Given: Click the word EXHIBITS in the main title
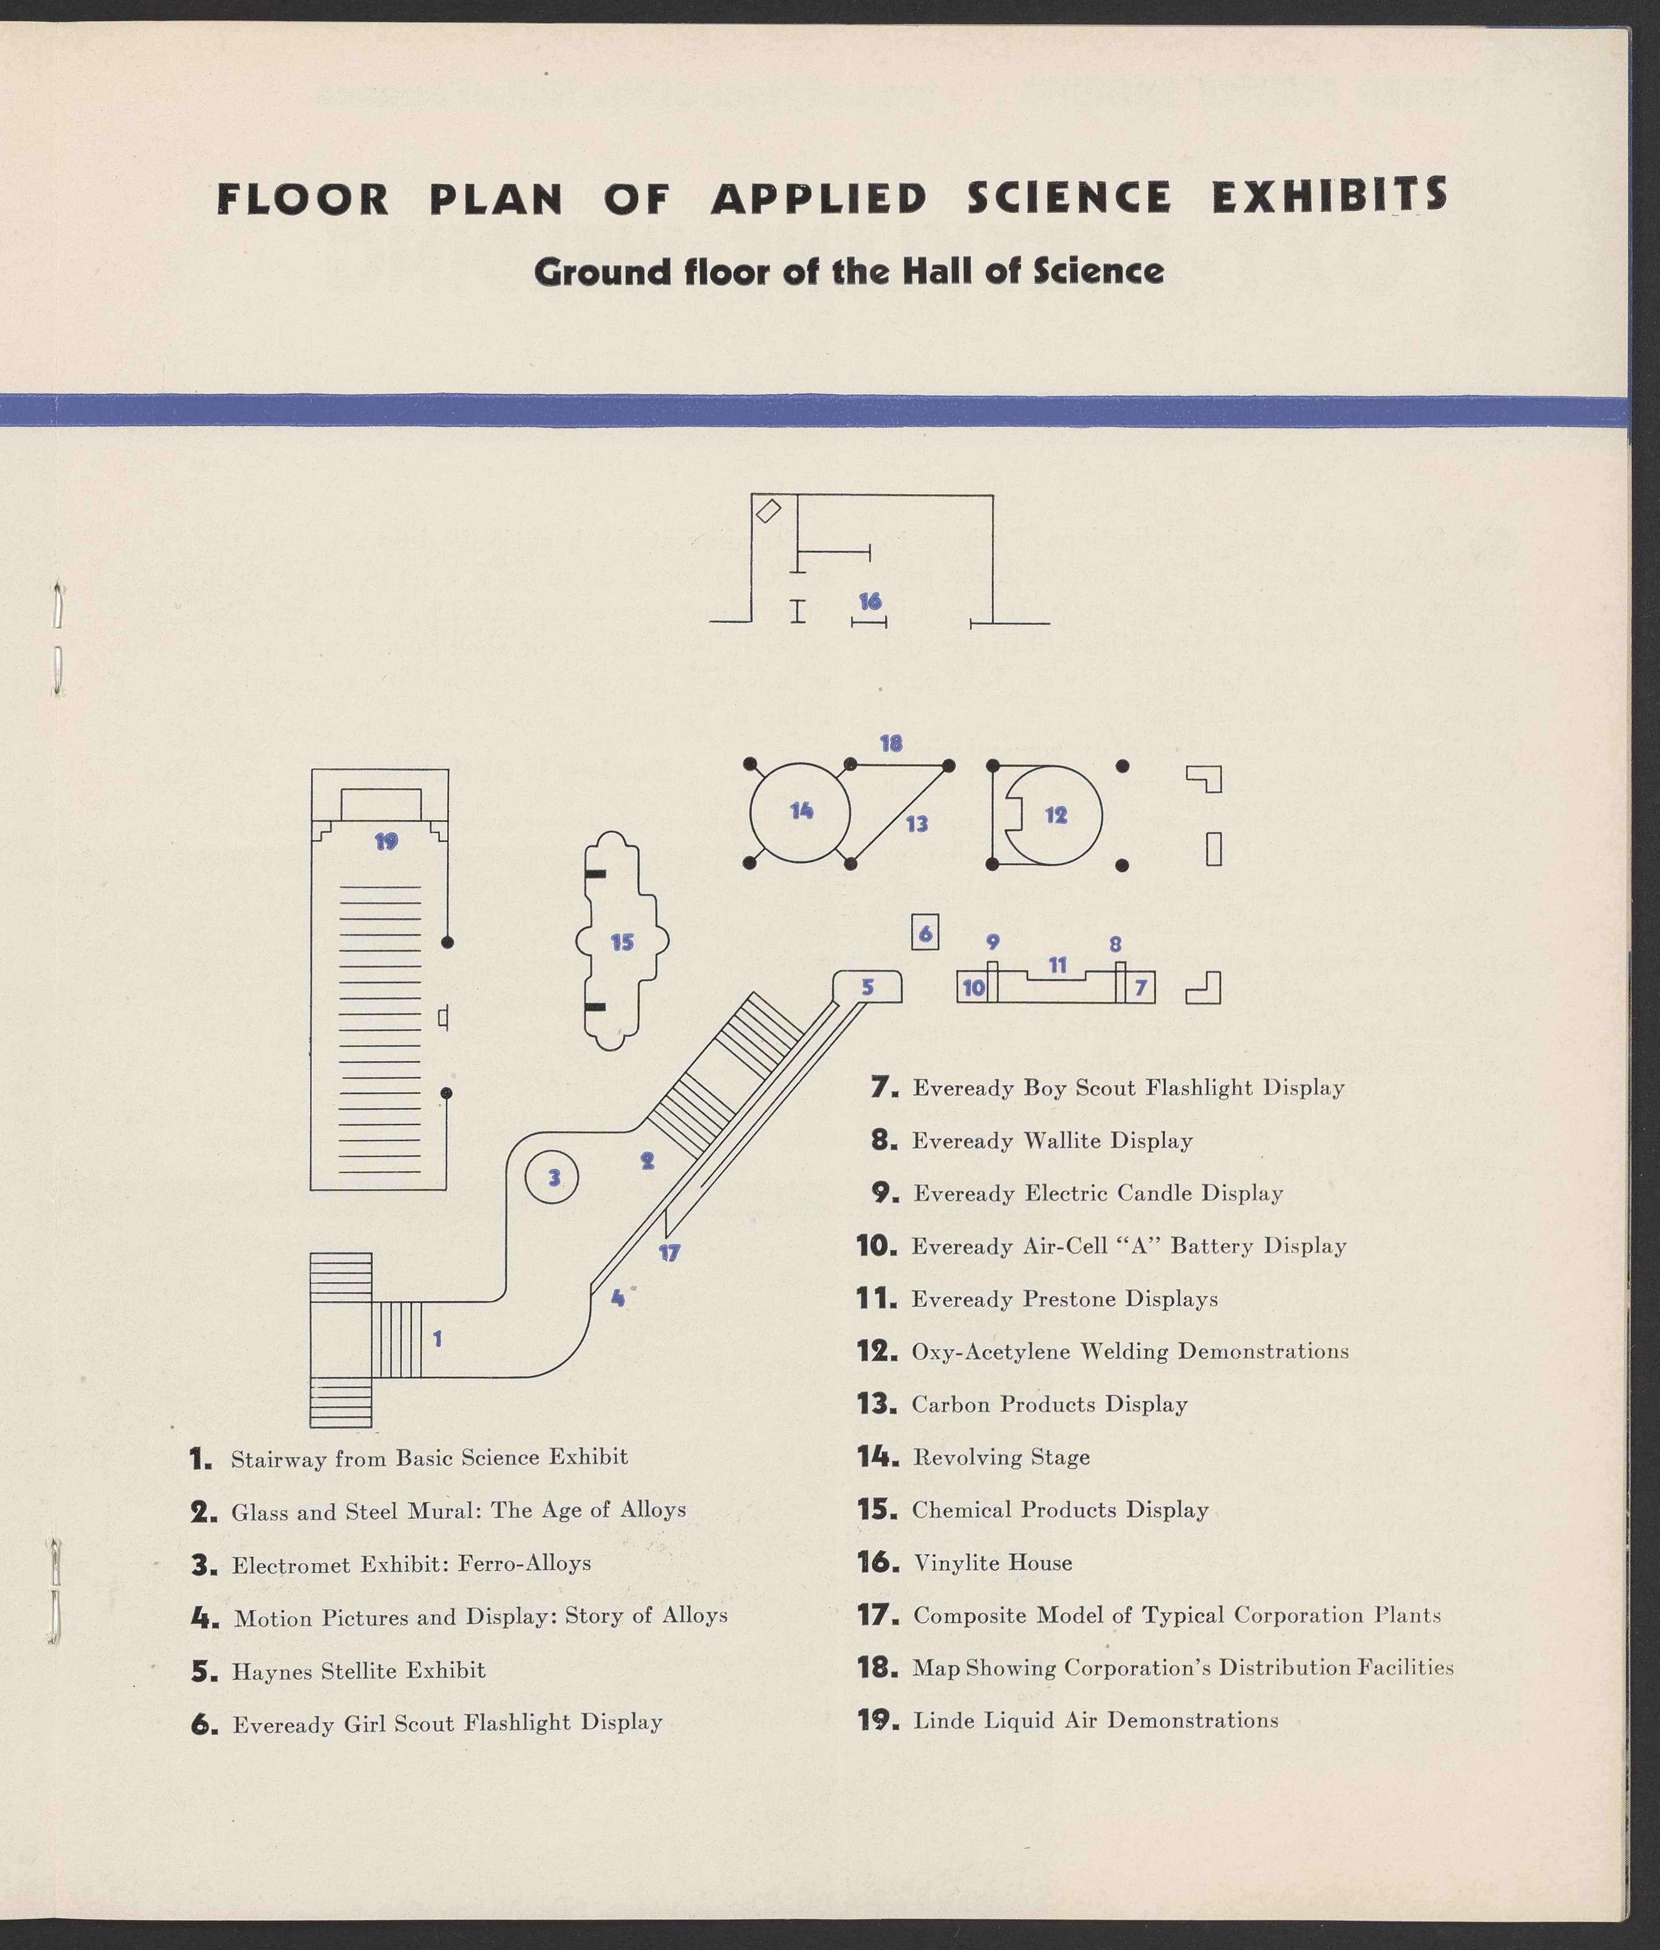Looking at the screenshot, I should [1329, 197].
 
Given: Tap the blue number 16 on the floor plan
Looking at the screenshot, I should [870, 600].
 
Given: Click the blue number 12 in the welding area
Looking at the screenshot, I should [1056, 815].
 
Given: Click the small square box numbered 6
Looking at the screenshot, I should [925, 933].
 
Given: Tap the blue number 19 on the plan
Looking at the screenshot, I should [386, 841].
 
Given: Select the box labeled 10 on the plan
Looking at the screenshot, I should [973, 987].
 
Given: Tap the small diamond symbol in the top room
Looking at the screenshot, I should [769, 511].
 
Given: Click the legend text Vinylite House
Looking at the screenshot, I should [993, 1563].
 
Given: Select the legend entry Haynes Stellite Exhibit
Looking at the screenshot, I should [359, 1672].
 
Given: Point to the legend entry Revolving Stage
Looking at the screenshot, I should [1001, 1458].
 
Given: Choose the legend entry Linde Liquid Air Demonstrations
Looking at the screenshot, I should [1095, 1721].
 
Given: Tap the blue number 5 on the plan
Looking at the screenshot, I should [867, 987].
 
